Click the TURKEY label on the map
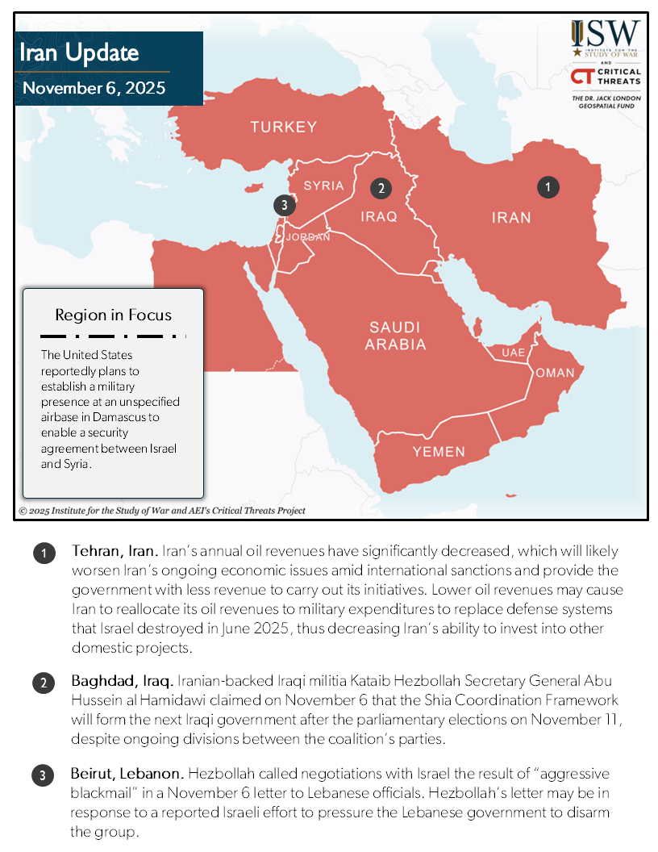(283, 127)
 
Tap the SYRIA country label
(323, 186)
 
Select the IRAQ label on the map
(379, 216)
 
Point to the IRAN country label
(511, 218)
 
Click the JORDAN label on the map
(308, 237)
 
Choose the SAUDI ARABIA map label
(395, 336)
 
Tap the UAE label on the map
(513, 353)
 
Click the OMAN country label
(555, 373)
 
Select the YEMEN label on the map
(439, 452)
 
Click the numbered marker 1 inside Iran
(548, 187)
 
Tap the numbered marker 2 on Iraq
(381, 189)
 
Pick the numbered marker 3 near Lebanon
(282, 206)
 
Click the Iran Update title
(81, 53)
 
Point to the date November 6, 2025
(94, 88)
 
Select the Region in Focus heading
(113, 315)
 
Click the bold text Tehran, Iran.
(114, 552)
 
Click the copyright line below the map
(162, 511)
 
